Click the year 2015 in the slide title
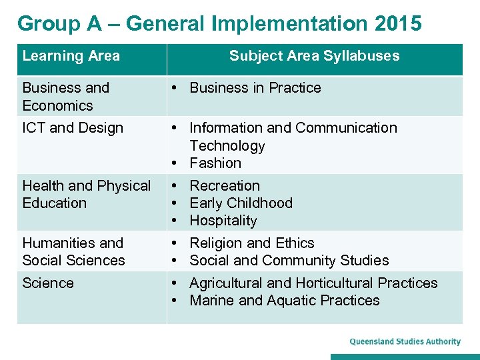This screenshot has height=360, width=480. click(398, 23)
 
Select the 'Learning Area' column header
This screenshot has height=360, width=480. click(71, 56)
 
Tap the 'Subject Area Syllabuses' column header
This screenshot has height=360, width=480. click(314, 56)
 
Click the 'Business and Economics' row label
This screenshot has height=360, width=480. click(65, 97)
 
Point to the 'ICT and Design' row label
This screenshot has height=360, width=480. click(73, 128)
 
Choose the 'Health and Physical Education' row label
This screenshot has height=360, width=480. click(86, 194)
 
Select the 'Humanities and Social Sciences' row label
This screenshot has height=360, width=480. click(73, 251)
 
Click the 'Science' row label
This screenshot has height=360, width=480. click(48, 283)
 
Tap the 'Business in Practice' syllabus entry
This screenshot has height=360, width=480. click(255, 88)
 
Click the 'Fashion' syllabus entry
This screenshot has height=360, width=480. click(215, 163)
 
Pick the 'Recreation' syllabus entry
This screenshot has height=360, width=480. click(225, 186)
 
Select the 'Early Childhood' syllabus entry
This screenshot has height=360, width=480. click(241, 203)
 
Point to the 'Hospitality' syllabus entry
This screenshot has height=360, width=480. click(223, 221)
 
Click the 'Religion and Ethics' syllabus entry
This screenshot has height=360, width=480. click(251, 243)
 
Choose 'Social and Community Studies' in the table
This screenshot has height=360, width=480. click(289, 261)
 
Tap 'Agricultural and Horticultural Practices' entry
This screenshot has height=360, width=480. click(313, 283)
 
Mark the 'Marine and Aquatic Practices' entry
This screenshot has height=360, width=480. click(284, 301)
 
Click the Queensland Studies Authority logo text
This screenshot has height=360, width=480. click(405, 342)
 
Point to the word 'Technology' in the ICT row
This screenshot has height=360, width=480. click(227, 146)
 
